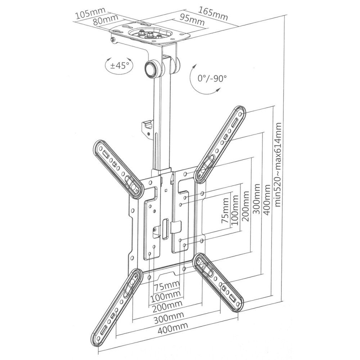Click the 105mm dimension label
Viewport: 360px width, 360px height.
[89, 15]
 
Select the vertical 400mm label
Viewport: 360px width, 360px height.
[267, 200]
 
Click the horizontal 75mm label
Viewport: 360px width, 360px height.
[166, 287]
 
